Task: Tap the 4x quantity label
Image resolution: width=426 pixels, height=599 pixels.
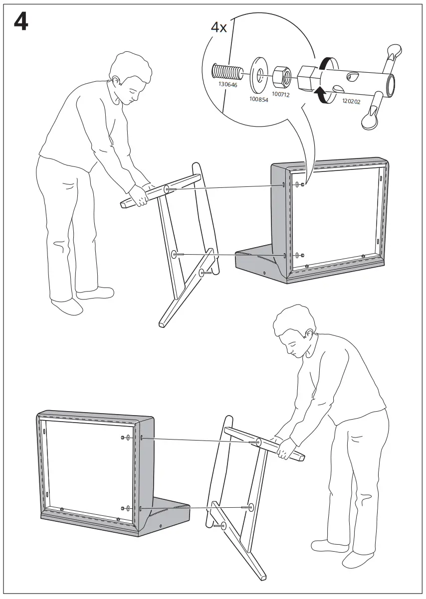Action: (x=218, y=27)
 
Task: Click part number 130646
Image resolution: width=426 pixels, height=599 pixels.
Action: (x=227, y=85)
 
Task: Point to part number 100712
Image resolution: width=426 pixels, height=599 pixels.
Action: (x=281, y=93)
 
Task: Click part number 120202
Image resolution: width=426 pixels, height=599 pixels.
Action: (x=351, y=101)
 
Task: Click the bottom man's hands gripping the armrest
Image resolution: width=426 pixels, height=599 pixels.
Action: (x=285, y=448)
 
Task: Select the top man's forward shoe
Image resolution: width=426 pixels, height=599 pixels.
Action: (x=67, y=305)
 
